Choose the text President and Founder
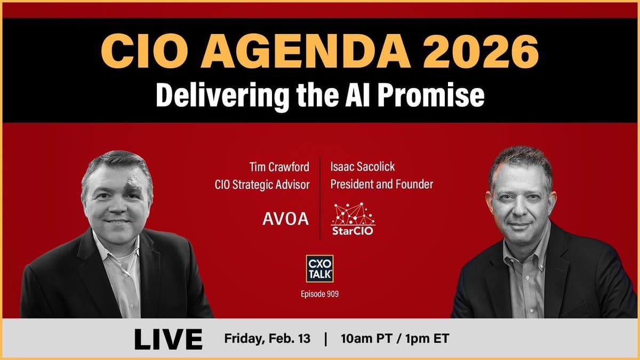pyautogui.click(x=381, y=185)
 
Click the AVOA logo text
pyautogui.click(x=285, y=219)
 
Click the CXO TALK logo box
pyautogui.click(x=319, y=268)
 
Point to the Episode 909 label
pyautogui.click(x=319, y=294)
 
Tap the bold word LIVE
pyautogui.click(x=168, y=339)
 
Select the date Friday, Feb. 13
pyautogui.click(x=267, y=339)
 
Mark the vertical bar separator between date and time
pyautogui.click(x=325, y=339)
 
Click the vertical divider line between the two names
pyautogui.click(x=320, y=197)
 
